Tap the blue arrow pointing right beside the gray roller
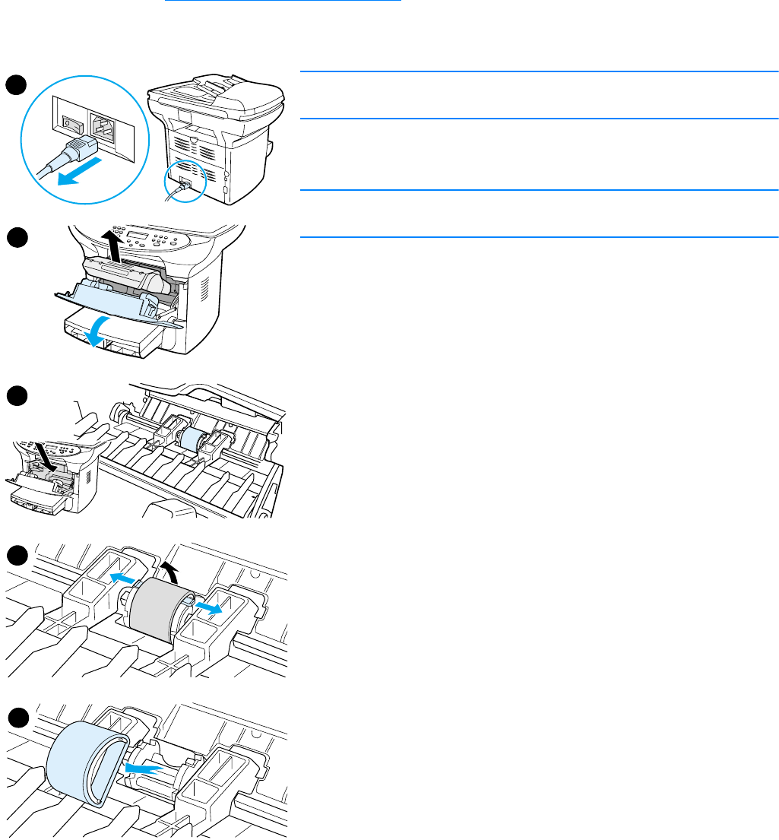click(207, 607)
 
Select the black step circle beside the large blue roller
click(17, 718)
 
